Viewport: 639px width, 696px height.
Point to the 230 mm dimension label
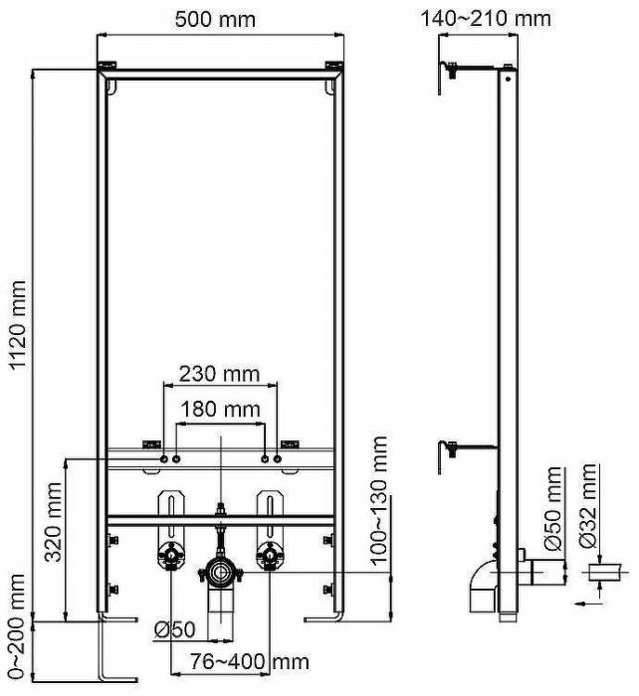point(218,374)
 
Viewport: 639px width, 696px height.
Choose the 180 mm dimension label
point(218,409)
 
